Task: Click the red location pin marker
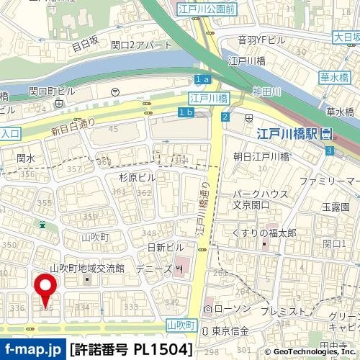[48, 288]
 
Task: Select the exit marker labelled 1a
[202, 78]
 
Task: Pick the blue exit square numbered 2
[225, 117]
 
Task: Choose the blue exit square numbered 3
[329, 150]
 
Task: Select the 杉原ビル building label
[137, 177]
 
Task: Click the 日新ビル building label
[166, 247]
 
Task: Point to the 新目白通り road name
[73, 126]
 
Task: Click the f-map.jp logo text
[32, 350]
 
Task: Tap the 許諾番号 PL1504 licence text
[131, 350]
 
